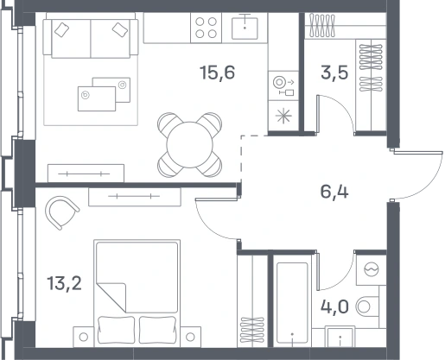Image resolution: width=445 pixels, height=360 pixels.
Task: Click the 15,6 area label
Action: point(218,73)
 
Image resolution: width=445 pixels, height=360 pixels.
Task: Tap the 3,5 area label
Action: point(334,73)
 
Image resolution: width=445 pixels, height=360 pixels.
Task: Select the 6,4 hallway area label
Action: point(334,192)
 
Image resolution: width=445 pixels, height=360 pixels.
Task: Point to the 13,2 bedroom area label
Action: point(64,283)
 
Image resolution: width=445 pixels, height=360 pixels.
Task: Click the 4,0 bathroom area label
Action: point(334,306)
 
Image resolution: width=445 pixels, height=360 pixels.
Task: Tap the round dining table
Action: point(189,145)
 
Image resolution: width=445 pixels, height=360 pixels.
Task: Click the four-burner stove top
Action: point(206,28)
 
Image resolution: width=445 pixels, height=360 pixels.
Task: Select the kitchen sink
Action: point(245,28)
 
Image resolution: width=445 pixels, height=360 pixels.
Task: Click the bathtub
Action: point(292,303)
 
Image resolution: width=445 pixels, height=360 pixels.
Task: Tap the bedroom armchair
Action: point(61,212)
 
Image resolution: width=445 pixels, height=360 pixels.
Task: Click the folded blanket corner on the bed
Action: point(111,297)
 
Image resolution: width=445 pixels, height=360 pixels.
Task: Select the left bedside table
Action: point(84,337)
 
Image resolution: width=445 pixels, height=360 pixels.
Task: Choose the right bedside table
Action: point(190,337)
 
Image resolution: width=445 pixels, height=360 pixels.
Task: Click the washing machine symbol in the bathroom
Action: point(372,270)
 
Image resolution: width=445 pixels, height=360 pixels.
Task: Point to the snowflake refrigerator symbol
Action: point(283,116)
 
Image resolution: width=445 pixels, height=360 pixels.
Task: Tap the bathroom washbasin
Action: point(340,337)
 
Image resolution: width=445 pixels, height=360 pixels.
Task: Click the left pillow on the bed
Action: point(117,330)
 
